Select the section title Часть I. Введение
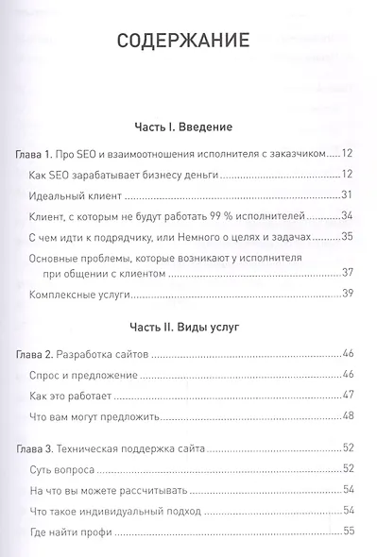pos(183,126)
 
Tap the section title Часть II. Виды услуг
pos(183,329)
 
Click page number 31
pos(347,195)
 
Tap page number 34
pos(347,216)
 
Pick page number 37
pos(347,274)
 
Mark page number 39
pos(347,295)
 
